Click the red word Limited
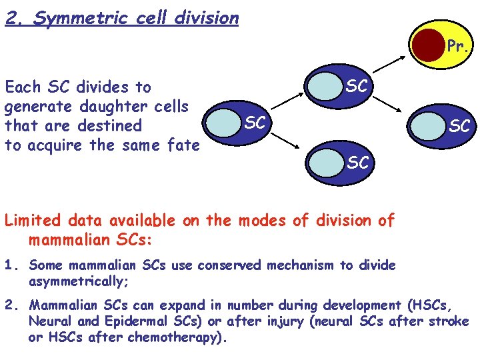tap(31, 221)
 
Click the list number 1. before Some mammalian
tap(12, 266)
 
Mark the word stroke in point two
tap(452, 323)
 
